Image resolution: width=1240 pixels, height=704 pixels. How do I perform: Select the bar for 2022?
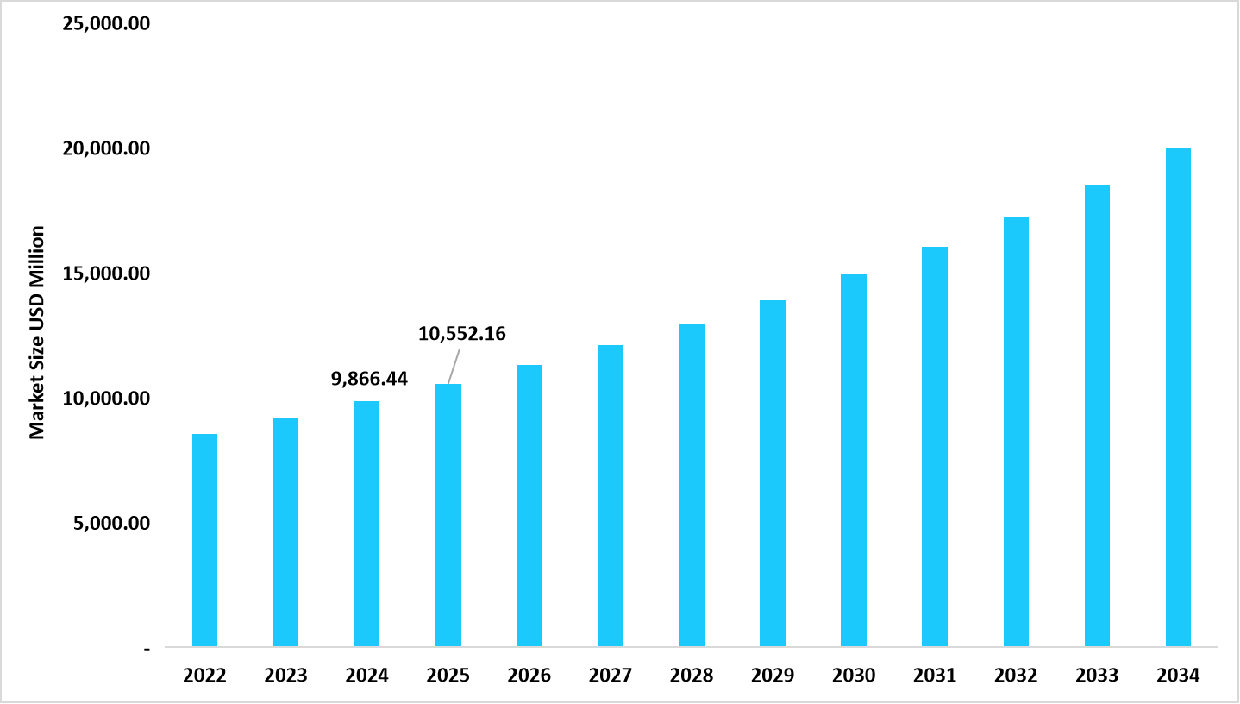(204, 540)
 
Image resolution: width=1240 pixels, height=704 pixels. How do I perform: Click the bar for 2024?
(366, 524)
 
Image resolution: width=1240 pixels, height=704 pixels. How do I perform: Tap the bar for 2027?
(610, 496)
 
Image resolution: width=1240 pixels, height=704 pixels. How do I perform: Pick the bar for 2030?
(854, 460)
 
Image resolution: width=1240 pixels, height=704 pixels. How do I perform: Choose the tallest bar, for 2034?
(1178, 397)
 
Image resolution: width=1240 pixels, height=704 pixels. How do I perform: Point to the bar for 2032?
(1016, 431)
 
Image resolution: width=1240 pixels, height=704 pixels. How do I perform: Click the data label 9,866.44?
(369, 378)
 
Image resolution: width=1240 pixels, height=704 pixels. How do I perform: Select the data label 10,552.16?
(461, 333)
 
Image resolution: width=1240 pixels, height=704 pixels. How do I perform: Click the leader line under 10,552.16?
(454, 366)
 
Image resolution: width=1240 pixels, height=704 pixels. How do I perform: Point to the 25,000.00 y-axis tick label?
(106, 23)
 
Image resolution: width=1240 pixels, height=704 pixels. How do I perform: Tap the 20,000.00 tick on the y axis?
(106, 148)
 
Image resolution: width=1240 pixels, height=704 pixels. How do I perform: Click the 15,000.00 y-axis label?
(106, 273)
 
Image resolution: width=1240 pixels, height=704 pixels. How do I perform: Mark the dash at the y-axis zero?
(147, 648)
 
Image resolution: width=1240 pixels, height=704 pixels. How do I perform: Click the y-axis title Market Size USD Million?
(37, 332)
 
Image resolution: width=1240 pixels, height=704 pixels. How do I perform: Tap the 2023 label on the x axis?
(285, 676)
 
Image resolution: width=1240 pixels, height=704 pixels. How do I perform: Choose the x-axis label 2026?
(529, 676)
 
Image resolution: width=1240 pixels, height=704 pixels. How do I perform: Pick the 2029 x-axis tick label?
(773, 676)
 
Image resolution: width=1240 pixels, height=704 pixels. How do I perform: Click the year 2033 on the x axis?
(1097, 676)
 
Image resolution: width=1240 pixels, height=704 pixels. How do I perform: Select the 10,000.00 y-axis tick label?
(106, 399)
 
